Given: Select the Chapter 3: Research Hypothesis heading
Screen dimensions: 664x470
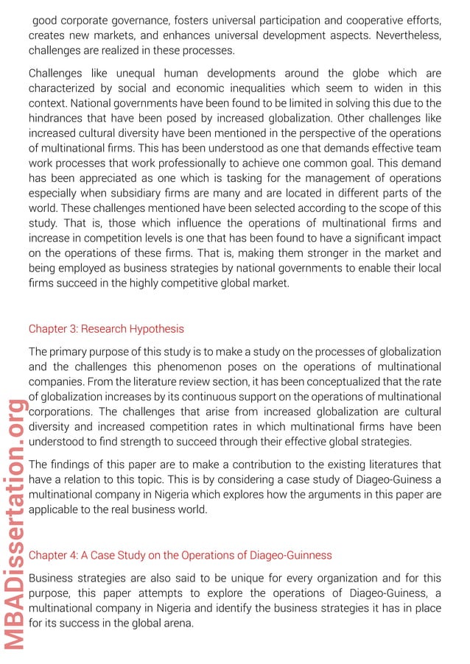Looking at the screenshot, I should point(106,328).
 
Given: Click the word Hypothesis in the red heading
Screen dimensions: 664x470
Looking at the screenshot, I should point(156,328).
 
